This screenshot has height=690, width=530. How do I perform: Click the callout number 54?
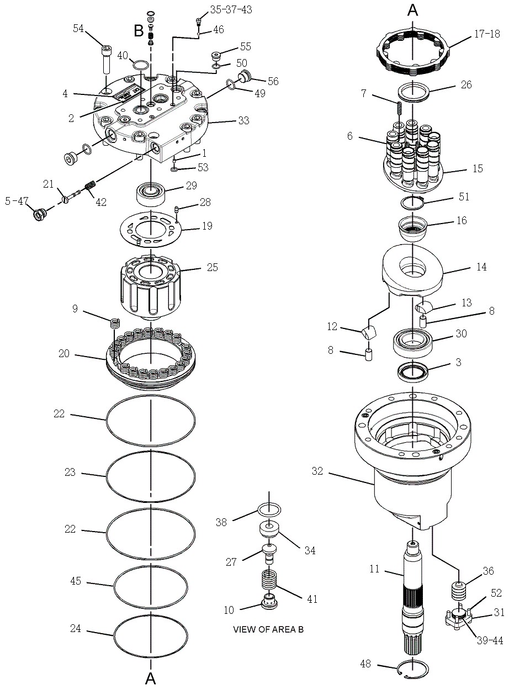tap(79, 29)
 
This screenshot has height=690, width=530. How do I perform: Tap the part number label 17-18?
tap(486, 34)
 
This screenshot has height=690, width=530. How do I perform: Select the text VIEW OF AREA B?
tap(268, 629)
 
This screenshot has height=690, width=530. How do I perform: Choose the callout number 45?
tap(76, 581)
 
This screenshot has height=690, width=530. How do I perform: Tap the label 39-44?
tap(490, 640)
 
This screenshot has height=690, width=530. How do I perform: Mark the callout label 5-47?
tap(17, 201)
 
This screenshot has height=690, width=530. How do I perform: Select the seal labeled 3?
tap(413, 371)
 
